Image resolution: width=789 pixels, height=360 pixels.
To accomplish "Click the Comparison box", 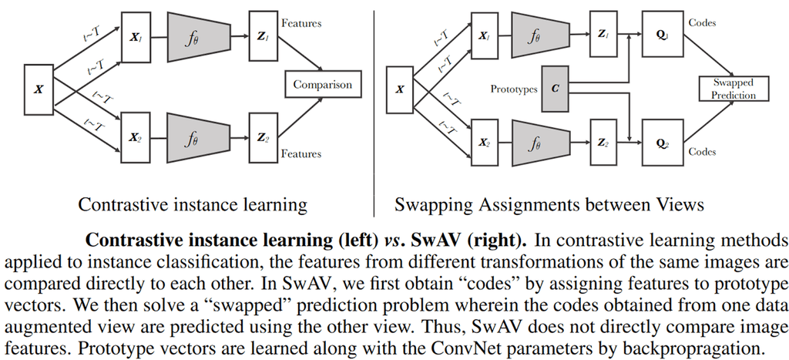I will coord(321,85).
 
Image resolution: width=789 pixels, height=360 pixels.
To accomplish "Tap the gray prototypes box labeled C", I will coord(556,88).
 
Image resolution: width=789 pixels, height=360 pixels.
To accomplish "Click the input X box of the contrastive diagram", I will coord(39,89).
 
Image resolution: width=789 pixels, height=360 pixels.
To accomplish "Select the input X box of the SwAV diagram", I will coord(400,89).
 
